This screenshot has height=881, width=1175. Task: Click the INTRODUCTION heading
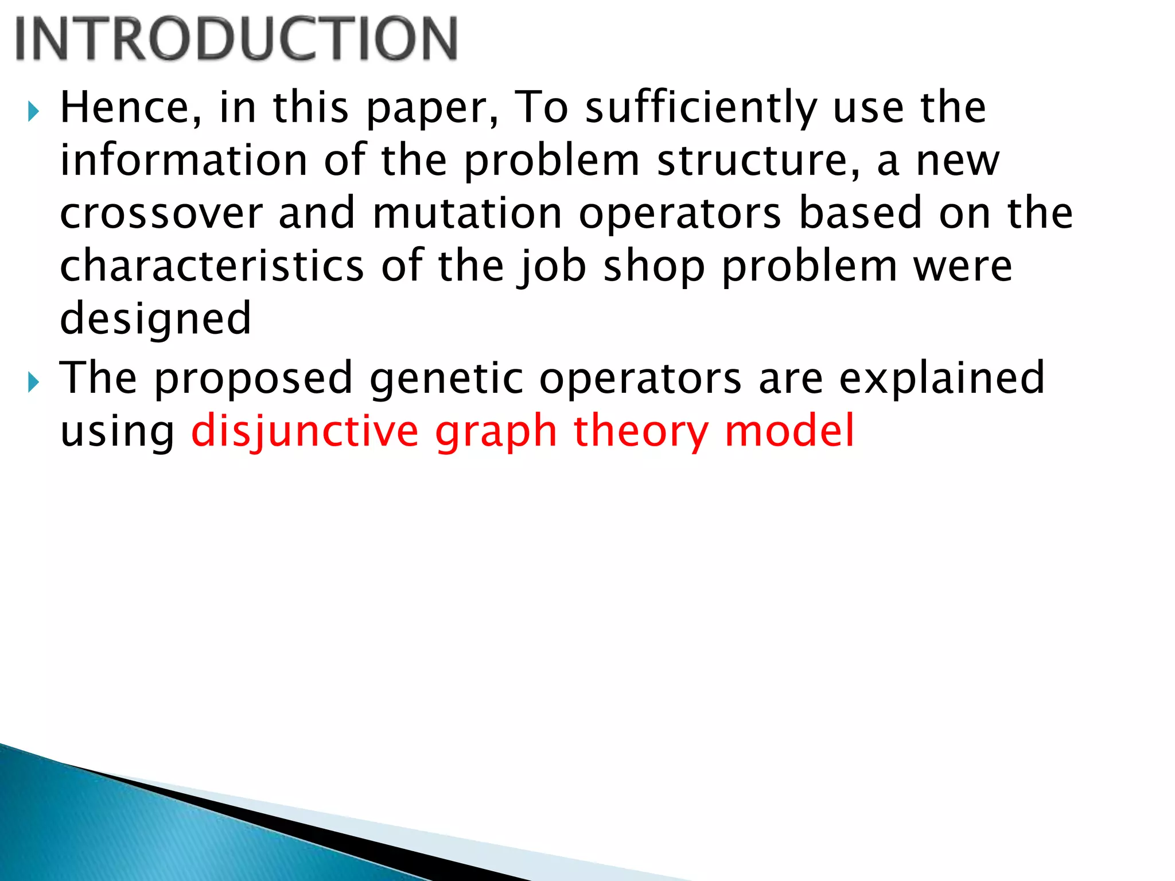(x=236, y=38)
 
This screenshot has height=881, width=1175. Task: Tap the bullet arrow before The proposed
(x=33, y=381)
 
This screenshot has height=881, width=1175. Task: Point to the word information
(x=184, y=160)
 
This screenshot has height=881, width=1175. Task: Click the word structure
(x=758, y=160)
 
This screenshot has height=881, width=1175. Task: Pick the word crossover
(x=161, y=213)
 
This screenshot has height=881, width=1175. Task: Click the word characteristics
(x=212, y=266)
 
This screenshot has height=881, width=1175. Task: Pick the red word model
(x=789, y=431)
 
